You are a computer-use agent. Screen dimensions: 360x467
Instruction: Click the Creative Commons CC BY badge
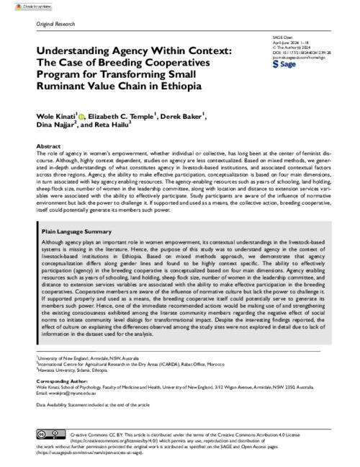click(x=52, y=432)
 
